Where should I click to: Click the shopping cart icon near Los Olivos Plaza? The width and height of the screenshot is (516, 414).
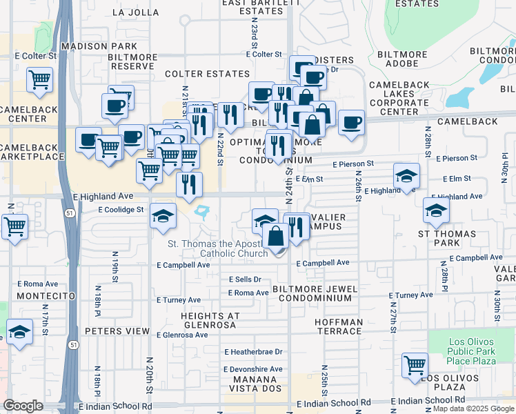coord(415,365)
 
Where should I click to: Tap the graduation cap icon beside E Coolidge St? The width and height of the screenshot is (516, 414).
coord(163,216)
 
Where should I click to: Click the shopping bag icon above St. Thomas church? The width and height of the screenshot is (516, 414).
coord(275,235)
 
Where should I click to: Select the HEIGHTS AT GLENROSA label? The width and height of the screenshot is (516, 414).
coord(210,320)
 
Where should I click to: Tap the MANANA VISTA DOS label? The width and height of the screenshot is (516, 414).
coord(259,384)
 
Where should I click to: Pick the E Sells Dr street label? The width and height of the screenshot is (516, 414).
coord(245,279)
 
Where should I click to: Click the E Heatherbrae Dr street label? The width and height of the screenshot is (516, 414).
coord(253,351)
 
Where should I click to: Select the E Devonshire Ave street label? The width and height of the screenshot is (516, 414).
coord(253,369)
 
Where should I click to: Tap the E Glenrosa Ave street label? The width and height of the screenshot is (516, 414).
coord(182,335)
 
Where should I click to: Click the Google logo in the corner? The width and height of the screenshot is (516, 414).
coord(23,406)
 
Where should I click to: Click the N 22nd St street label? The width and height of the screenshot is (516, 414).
coord(221,148)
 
